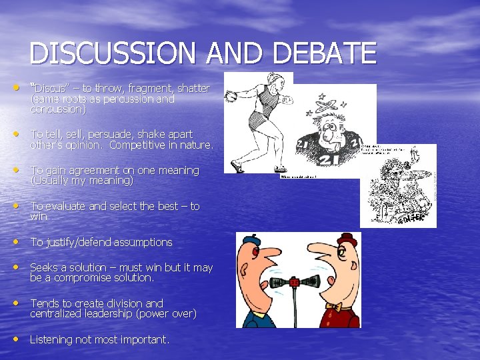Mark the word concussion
click(58, 109)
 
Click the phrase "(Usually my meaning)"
click(82, 181)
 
